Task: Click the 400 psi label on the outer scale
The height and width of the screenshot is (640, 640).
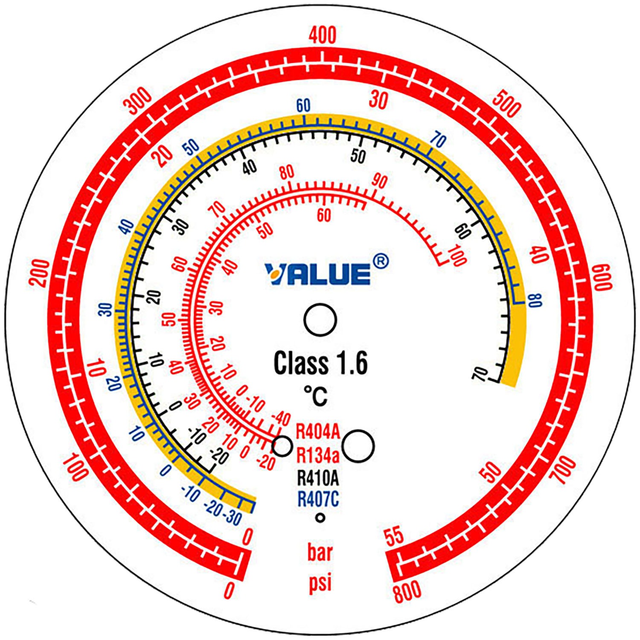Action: click(x=323, y=35)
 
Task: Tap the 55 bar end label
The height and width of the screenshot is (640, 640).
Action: click(x=394, y=536)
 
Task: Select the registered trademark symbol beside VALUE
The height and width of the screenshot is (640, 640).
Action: click(x=381, y=261)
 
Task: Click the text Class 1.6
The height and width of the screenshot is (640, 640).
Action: click(x=320, y=364)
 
